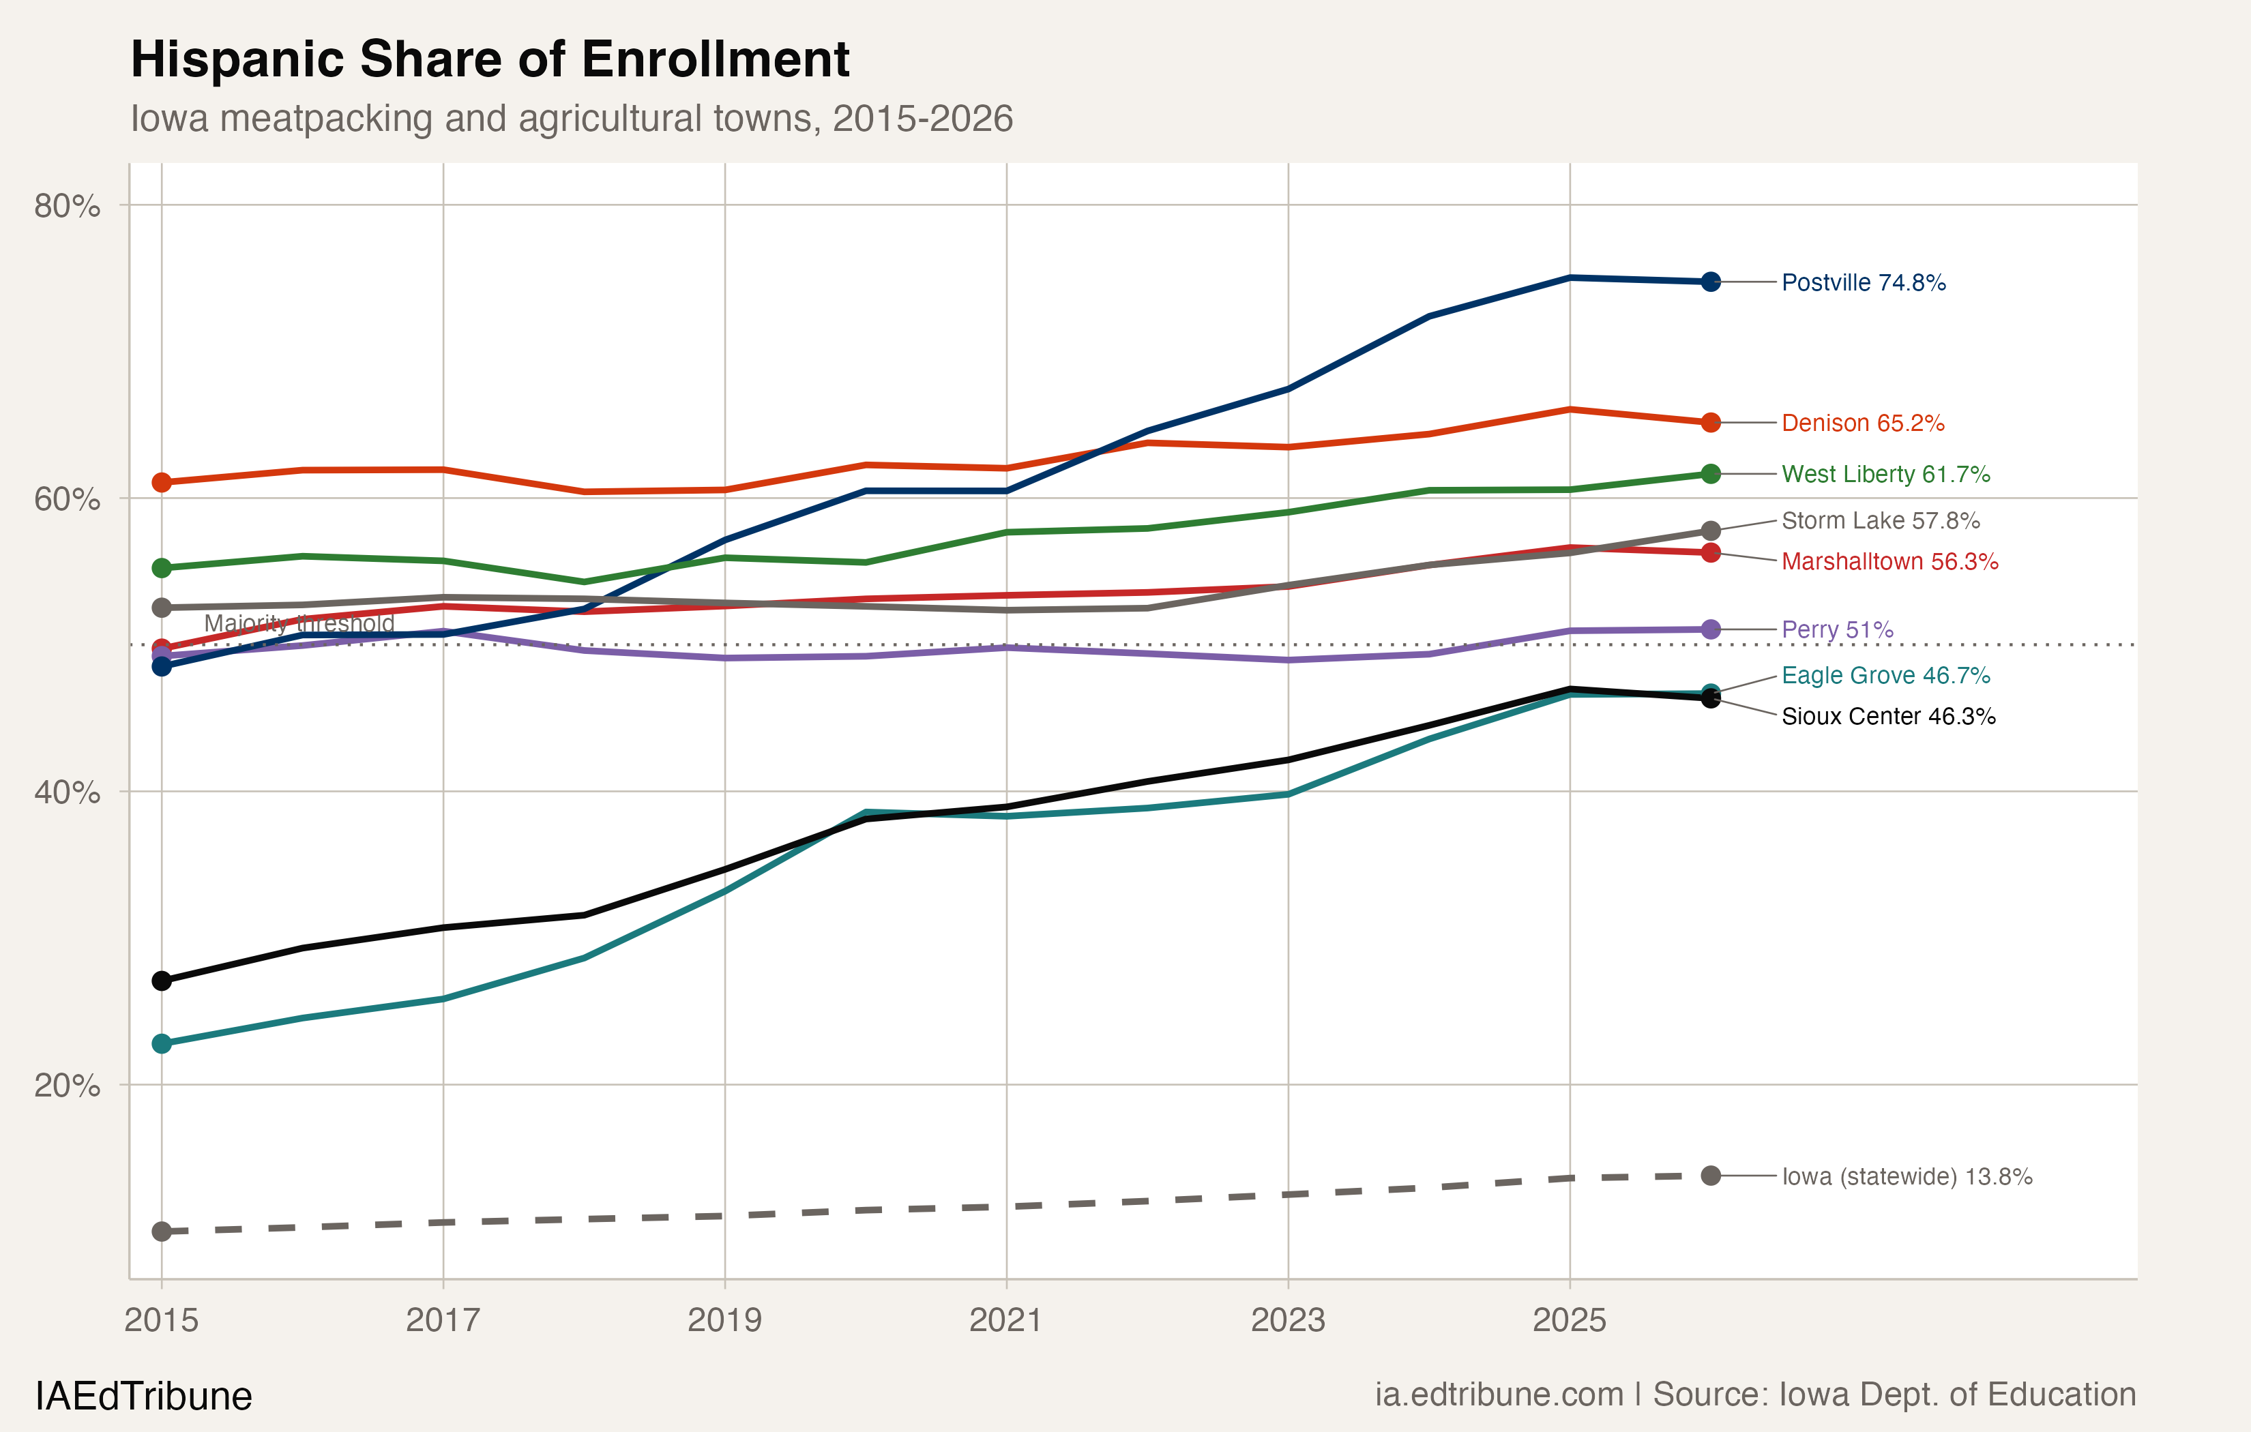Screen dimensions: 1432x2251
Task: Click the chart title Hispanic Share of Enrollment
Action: pyautogui.click(x=490, y=60)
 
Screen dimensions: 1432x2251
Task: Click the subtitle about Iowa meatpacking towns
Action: pyautogui.click(x=571, y=119)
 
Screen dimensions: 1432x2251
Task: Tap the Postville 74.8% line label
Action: pyautogui.click(x=1863, y=282)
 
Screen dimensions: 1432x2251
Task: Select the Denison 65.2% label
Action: pyautogui.click(x=1862, y=423)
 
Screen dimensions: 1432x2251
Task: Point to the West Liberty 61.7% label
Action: pyautogui.click(x=1885, y=474)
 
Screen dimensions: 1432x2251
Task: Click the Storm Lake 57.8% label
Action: pyautogui.click(x=1880, y=521)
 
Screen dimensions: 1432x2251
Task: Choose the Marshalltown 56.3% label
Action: pyautogui.click(x=1889, y=562)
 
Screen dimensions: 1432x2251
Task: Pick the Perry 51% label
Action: pyautogui.click(x=1837, y=630)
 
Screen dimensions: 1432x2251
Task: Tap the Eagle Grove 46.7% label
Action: pyautogui.click(x=1885, y=676)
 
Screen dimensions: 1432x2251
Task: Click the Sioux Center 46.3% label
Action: pyautogui.click(x=1888, y=717)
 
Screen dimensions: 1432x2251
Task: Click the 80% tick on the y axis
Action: pyautogui.click(x=68, y=206)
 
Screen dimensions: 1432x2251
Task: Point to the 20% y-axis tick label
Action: pyautogui.click(x=68, y=1086)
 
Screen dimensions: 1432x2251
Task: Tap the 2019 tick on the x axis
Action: pyautogui.click(x=724, y=1321)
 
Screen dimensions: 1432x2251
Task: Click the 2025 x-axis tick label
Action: pyautogui.click(x=1570, y=1321)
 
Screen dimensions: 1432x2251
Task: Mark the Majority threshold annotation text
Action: pyautogui.click(x=299, y=623)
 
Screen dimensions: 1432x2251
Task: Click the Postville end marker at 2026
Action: pyautogui.click(x=1711, y=282)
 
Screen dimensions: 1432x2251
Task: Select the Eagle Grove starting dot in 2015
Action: pyautogui.click(x=162, y=1043)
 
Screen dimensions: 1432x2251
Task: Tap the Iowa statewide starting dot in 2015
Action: pyautogui.click(x=162, y=1232)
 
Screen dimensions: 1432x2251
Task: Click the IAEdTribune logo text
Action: pyautogui.click(x=143, y=1397)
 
